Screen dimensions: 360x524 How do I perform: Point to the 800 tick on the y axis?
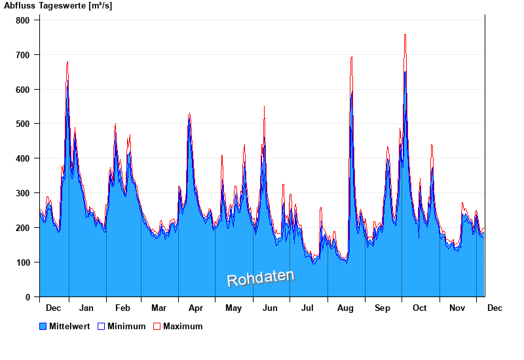tap(23, 20)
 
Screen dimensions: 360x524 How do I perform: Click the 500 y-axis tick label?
tap(23, 124)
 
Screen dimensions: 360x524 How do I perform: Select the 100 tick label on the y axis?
tap(23, 262)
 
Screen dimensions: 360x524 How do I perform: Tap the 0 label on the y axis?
tap(28, 297)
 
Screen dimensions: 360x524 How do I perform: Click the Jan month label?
tap(86, 308)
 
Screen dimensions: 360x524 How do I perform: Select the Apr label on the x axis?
tap(196, 308)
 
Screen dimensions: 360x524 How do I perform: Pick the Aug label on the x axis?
tap(345, 308)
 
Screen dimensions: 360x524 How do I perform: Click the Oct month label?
tap(419, 308)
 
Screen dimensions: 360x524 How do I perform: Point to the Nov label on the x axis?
tap(457, 308)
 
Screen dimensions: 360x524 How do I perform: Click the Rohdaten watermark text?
tap(261, 278)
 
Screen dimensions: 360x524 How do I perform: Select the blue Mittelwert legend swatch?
tap(43, 326)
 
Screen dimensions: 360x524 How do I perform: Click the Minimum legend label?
tap(126, 326)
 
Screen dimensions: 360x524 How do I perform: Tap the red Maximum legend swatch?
tap(157, 326)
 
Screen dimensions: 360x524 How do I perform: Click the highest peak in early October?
tap(405, 35)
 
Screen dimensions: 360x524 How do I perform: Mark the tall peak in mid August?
tap(352, 58)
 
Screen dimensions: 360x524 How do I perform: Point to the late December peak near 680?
tap(67, 62)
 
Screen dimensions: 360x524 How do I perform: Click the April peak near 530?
tap(189, 114)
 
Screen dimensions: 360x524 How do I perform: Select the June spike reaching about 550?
tap(264, 107)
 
